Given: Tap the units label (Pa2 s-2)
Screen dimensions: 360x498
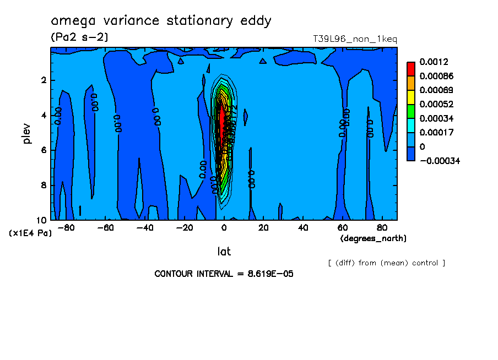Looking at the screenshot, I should pos(79,37).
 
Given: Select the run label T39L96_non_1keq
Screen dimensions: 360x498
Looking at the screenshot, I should pos(355,39).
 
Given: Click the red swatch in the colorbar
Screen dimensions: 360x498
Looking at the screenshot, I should pos(411,69).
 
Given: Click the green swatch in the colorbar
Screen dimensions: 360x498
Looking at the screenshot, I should pos(411,111).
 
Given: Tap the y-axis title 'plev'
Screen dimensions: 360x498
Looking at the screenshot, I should pos(27,133).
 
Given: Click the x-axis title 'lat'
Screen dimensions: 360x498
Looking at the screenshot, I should pos(224,252).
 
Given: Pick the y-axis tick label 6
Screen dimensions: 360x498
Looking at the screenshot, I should pos(44,150).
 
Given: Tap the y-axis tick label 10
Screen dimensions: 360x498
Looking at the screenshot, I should pos(41,220).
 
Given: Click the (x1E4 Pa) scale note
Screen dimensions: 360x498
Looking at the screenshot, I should pos(31,233).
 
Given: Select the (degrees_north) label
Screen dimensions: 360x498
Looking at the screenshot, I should pos(373,238).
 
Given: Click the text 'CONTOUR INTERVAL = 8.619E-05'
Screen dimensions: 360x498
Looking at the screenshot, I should pos(224,274).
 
